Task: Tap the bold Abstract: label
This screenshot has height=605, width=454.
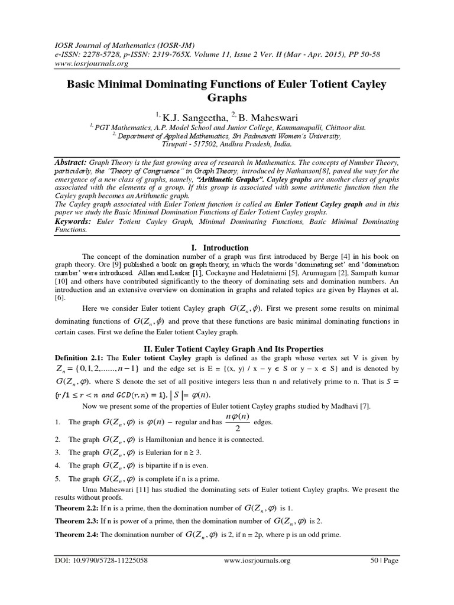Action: (70, 162)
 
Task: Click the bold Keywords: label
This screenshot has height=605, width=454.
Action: (72, 220)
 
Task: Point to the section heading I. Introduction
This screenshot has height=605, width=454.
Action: (226, 248)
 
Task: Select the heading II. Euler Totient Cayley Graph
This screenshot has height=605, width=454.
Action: (226, 349)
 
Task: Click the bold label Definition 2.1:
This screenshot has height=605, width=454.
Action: (80, 358)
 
